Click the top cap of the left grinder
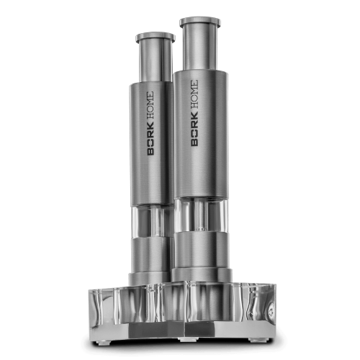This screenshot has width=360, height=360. (x=156, y=37)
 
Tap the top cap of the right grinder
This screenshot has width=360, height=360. (x=200, y=22)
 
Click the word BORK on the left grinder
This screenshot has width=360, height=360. (x=150, y=139)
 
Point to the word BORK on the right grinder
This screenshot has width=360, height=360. (x=194, y=129)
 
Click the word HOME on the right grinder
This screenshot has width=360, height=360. (x=194, y=95)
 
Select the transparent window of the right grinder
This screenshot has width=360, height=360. (x=201, y=215)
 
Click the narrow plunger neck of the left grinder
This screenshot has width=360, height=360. (x=156, y=63)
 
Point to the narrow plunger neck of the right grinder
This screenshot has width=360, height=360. (x=200, y=49)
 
